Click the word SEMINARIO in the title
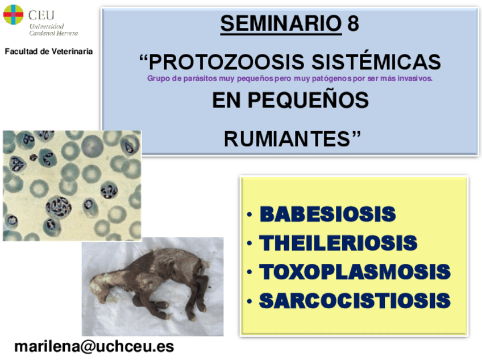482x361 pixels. coord(281,23)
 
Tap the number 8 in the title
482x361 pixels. coord(353,23)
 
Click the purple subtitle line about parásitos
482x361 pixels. coord(289,78)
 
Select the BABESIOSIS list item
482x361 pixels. coord(328,213)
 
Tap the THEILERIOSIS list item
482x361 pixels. coord(338,243)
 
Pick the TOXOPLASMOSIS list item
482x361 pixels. coord(355,272)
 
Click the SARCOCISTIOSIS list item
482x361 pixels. coord(355,300)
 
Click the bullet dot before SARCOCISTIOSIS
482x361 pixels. coord(250,301)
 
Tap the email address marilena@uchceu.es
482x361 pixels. coord(94,347)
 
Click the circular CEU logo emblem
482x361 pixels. coord(13,14)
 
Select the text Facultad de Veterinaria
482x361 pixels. coord(48,51)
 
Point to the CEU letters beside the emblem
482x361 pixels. coord(41,15)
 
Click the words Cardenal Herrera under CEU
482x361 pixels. coord(53,33)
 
